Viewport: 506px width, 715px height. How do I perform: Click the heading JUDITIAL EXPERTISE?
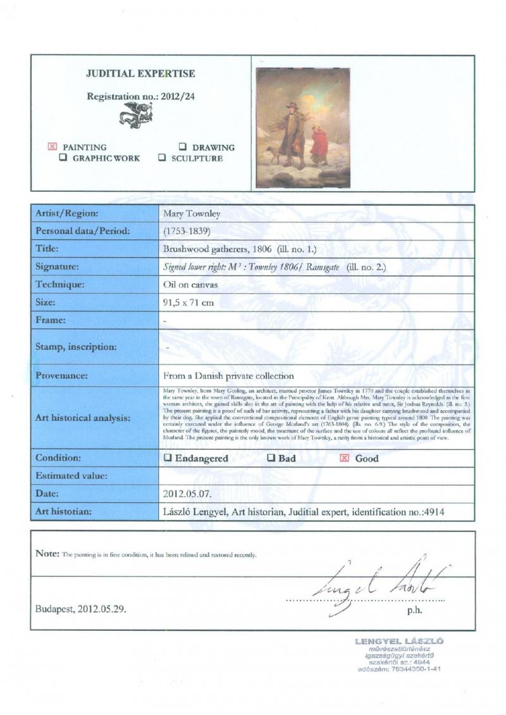click(x=140, y=74)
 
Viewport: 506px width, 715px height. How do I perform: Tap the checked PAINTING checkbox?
click(x=52, y=147)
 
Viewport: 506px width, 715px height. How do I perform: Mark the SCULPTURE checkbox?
click(x=163, y=158)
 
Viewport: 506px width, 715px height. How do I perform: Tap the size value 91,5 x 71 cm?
click(x=188, y=302)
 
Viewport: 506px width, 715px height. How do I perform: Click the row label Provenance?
click(x=62, y=376)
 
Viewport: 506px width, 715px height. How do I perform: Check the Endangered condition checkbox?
click(x=168, y=458)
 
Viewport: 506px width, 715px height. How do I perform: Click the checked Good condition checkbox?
click(x=345, y=458)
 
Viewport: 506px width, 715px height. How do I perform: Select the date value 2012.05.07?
click(x=190, y=493)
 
